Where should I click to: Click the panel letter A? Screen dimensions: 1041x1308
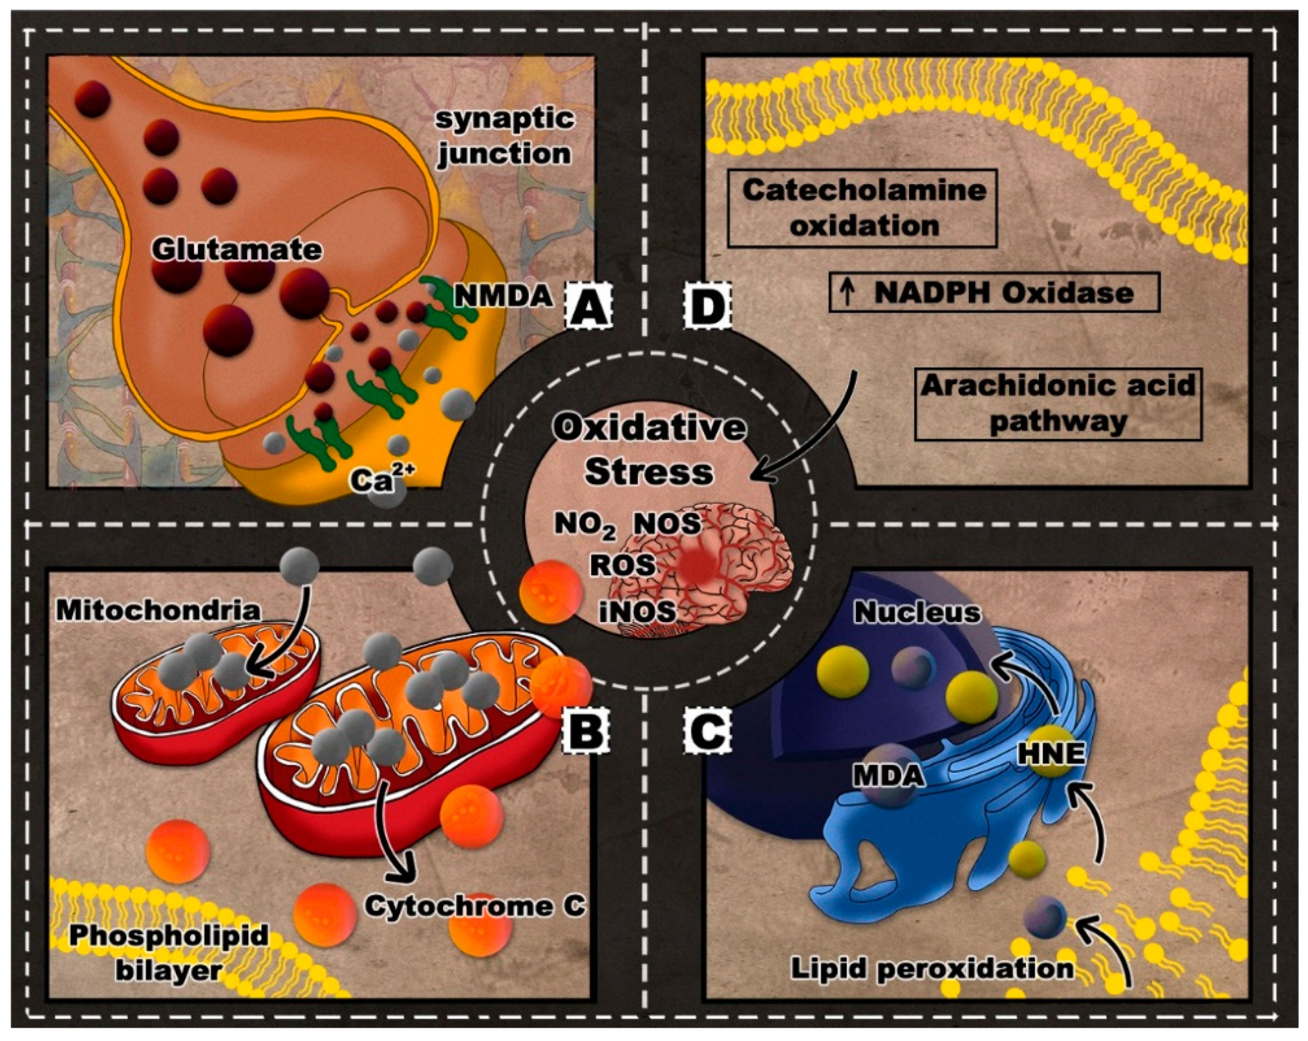(x=588, y=306)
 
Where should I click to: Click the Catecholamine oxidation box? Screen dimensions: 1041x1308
(x=862, y=208)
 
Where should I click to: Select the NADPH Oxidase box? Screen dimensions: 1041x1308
(x=994, y=293)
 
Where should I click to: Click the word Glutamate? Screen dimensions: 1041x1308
(x=237, y=250)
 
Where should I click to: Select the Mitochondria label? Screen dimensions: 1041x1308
(x=158, y=610)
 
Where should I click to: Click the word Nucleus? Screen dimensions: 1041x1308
(x=917, y=613)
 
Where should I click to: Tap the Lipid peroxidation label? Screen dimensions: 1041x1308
(x=932, y=968)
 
